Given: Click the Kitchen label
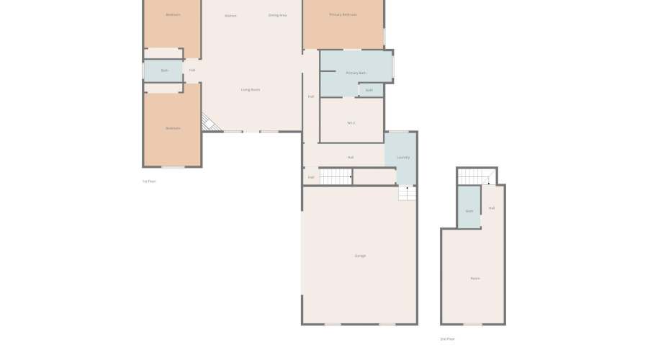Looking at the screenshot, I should pos(230,15).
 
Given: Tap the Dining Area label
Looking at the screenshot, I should pos(278,15).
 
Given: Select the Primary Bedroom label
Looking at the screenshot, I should pos(343,14).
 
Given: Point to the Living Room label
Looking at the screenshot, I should pos(251,90).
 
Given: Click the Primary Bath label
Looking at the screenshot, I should pos(356,73).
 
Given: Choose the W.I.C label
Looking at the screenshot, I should pos(351,123).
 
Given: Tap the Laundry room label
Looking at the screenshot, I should pos(403,158).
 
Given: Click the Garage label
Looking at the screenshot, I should pos(360,256).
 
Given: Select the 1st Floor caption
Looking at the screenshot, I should pos(149,181).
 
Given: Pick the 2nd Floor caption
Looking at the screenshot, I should pos(448,338).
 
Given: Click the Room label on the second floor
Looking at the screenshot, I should pos(475,279).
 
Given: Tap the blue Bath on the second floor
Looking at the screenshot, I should pos(469,211).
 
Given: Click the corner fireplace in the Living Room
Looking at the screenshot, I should pos(210,123).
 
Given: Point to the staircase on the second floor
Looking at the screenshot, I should pos(476,176).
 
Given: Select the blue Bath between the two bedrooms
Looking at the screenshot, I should pos(165,71).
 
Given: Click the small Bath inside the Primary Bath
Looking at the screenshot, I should pos(369,90).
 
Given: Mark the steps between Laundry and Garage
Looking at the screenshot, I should pos(407,193).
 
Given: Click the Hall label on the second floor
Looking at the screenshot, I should pos(492,208).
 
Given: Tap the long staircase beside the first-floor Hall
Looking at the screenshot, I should pos(336,176).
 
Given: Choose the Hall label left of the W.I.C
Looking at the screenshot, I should pos(311,96).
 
